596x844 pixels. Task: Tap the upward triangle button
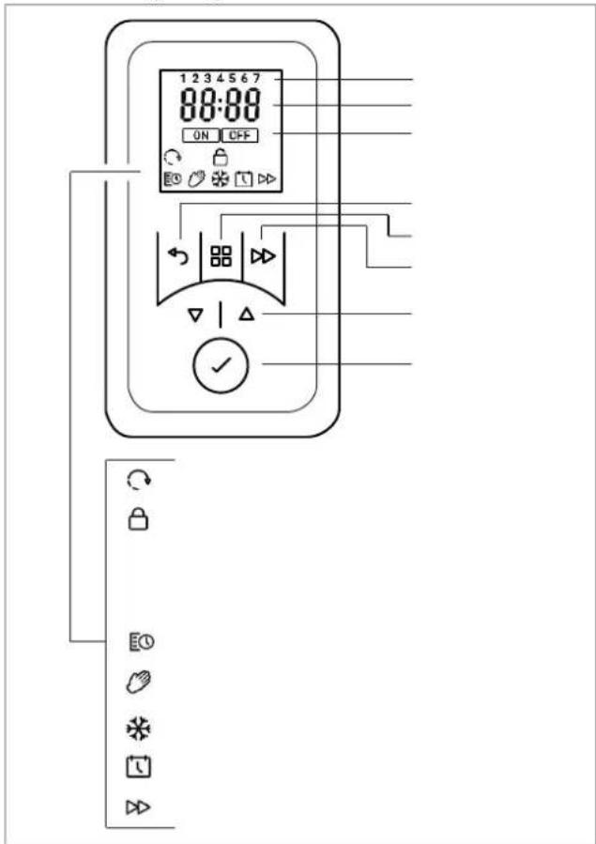[246, 315]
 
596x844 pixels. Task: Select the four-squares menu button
[222, 256]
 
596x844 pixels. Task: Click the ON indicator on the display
[201, 135]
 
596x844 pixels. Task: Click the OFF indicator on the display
[240, 135]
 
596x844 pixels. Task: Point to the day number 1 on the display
[183, 79]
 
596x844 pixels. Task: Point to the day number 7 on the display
[256, 79]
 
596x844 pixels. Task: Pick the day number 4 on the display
[220, 79]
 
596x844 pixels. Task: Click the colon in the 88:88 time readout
[220, 105]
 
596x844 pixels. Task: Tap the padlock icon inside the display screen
[220, 157]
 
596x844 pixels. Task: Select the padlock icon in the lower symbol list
[139, 520]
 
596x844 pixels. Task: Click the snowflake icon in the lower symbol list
[139, 729]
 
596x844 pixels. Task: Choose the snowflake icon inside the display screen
[220, 179]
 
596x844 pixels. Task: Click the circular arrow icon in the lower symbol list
[139, 479]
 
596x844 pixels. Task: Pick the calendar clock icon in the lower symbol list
[139, 767]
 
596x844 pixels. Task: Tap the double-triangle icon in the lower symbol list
[138, 806]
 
